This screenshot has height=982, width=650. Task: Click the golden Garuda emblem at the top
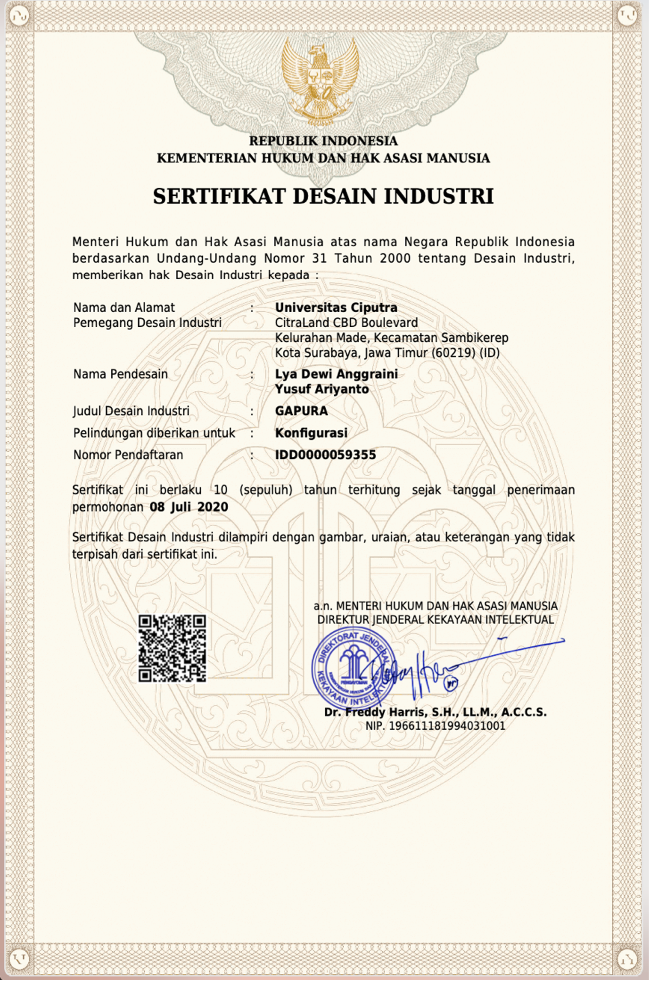coord(320,81)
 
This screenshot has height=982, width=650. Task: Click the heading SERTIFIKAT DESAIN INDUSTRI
coord(323,196)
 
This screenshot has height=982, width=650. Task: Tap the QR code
coord(172,648)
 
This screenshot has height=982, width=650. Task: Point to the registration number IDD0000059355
coord(325,455)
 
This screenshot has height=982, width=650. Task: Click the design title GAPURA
coord(301,411)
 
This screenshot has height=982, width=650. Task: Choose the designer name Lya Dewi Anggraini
coord(336,374)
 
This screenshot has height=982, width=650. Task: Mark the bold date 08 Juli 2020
coord(189,507)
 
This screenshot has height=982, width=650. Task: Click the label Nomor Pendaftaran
coord(128,455)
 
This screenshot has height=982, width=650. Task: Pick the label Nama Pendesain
coord(121,374)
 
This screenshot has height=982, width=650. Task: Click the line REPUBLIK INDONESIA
coord(323,141)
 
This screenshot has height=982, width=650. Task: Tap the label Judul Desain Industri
coord(131,411)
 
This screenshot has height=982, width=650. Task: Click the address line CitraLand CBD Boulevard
coord(346,323)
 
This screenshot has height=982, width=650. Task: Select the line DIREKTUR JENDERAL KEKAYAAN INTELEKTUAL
coord(435,620)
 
